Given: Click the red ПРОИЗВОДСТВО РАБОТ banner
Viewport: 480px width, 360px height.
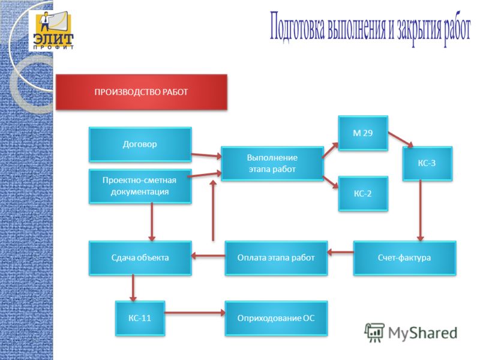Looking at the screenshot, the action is click(142, 92).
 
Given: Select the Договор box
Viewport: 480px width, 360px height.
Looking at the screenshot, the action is click(140, 144).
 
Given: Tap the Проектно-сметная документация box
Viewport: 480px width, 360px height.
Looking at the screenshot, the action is click(140, 186).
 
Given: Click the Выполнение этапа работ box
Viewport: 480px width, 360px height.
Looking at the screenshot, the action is click(272, 163).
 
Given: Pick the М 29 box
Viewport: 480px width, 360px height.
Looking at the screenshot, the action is click(363, 133).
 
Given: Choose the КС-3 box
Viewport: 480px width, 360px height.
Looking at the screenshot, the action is click(427, 163).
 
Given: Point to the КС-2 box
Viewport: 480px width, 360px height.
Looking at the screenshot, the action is click(363, 193).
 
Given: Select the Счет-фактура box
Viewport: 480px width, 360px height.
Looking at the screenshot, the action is click(404, 258).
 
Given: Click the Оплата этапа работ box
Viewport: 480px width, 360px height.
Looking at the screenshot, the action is click(276, 258).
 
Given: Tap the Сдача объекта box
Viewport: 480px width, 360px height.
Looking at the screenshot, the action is click(140, 258).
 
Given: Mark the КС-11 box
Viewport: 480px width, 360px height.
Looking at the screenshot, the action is click(140, 318).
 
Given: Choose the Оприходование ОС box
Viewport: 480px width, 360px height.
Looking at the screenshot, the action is click(276, 318).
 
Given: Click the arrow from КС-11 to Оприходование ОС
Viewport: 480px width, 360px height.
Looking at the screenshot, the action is click(194, 313).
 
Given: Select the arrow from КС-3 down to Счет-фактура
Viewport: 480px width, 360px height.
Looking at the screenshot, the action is click(421, 211).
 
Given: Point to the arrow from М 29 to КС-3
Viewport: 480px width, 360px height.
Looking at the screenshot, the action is click(400, 140).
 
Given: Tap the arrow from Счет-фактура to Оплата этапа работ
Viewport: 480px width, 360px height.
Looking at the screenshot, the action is click(340, 253).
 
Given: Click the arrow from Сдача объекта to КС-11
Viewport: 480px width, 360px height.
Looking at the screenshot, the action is click(133, 288).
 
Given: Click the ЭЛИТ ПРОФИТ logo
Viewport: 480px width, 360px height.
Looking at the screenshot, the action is click(52, 31).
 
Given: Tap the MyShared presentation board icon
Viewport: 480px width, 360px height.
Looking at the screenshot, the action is click(374, 332).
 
